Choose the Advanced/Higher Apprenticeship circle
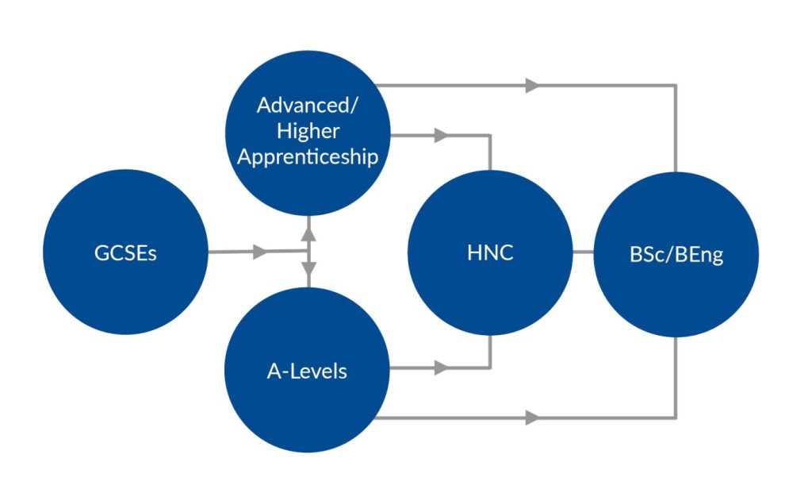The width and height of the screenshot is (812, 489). coord(308,131)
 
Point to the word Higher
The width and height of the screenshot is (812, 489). coord(308,131)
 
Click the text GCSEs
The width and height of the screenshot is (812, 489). coord(125,254)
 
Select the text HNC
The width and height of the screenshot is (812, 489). coord(490,254)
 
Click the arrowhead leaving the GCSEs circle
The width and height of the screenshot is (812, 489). coord(259,252)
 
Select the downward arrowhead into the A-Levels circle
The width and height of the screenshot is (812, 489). coord(308,272)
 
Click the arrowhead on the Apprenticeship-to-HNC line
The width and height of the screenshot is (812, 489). coord(441,135)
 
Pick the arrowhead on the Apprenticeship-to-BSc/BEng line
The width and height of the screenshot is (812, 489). coord(532,85)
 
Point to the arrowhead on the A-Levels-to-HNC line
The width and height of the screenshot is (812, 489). coord(441,368)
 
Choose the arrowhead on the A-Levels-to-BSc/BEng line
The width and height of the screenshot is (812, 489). coord(532,417)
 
